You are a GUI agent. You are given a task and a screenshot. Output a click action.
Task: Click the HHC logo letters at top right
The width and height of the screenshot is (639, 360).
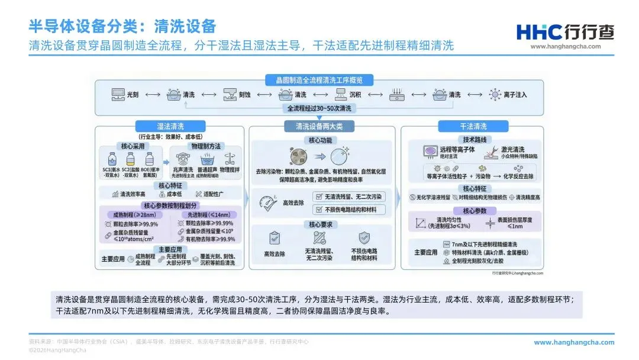(535, 32)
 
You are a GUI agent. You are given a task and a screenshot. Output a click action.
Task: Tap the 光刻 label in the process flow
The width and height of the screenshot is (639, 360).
(133, 94)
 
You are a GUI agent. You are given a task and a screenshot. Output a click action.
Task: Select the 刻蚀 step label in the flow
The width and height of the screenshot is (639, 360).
(244, 94)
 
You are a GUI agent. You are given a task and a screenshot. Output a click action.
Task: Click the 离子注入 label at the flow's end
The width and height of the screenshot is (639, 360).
(515, 94)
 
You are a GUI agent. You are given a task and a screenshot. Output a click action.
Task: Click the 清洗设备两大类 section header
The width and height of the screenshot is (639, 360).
(319, 126)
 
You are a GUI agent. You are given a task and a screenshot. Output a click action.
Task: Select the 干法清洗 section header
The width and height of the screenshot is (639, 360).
(473, 126)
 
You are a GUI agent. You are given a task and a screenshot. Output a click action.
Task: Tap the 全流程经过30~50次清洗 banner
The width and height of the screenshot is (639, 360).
(319, 109)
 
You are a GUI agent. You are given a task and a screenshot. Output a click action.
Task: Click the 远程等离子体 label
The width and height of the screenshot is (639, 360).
(457, 150)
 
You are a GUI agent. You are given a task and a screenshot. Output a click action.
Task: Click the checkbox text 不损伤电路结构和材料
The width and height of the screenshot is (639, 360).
(354, 210)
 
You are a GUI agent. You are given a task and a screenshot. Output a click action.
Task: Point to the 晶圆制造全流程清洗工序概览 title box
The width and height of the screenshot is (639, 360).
(319, 80)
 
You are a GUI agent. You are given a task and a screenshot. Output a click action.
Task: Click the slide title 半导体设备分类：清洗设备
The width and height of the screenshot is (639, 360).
(122, 27)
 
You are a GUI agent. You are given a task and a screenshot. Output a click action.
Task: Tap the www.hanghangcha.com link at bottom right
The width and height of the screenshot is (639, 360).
(574, 342)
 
